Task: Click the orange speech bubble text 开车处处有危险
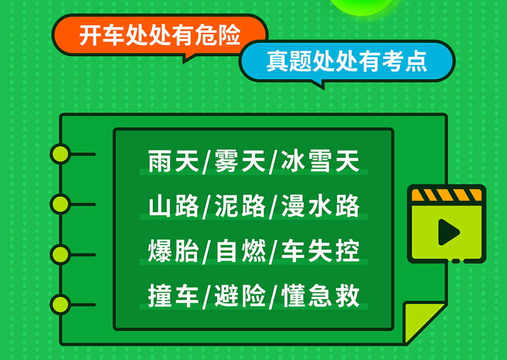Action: [160, 35]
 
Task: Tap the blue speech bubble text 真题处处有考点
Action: [347, 61]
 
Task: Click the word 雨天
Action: [173, 161]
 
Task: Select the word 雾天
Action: [239, 161]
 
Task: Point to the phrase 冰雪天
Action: [320, 161]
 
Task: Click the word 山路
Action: [173, 206]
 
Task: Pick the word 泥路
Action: [239, 206]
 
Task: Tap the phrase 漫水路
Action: [320, 206]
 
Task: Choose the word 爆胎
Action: [173, 251]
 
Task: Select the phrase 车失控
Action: [320, 251]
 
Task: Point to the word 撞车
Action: [173, 295]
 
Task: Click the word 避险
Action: [239, 295]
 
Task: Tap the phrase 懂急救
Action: [320, 295]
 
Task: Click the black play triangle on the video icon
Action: [447, 232]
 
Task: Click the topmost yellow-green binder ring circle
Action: [60, 154]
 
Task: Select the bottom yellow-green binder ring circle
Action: [60, 304]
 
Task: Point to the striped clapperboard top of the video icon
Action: [446, 195]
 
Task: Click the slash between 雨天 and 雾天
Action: [207, 162]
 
